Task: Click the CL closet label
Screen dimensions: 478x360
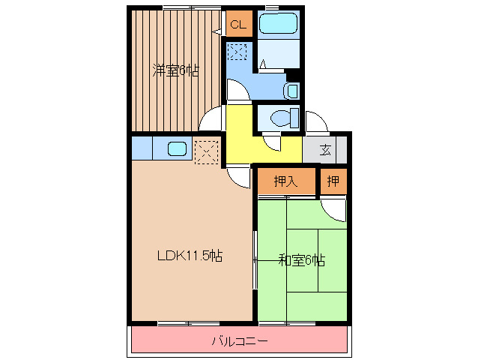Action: [238, 25]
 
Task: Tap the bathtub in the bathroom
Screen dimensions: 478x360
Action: [278, 23]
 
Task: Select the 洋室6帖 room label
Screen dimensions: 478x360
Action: [175, 70]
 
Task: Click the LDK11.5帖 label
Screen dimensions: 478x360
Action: [190, 256]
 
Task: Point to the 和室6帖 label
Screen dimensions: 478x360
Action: [301, 261]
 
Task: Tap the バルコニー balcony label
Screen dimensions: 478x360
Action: [240, 340]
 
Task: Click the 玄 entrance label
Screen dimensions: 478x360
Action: [325, 149]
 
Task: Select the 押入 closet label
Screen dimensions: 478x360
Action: [285, 181]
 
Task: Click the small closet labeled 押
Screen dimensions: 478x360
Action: [333, 181]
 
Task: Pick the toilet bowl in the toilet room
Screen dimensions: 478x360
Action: [281, 118]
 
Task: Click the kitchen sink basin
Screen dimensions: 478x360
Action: [177, 149]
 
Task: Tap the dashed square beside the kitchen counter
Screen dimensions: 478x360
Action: [207, 152]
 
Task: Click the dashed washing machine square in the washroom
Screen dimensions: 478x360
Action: [238, 52]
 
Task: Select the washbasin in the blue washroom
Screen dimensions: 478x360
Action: [291, 91]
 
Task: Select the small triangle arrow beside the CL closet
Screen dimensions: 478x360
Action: [217, 31]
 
